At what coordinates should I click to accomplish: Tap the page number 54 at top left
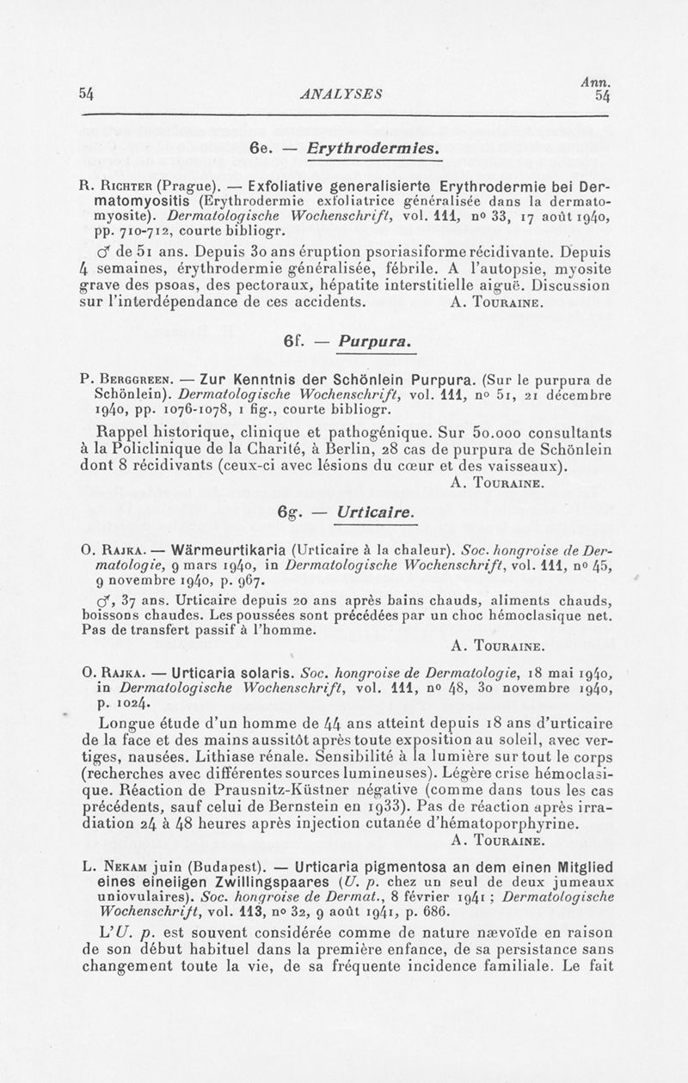point(86,94)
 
